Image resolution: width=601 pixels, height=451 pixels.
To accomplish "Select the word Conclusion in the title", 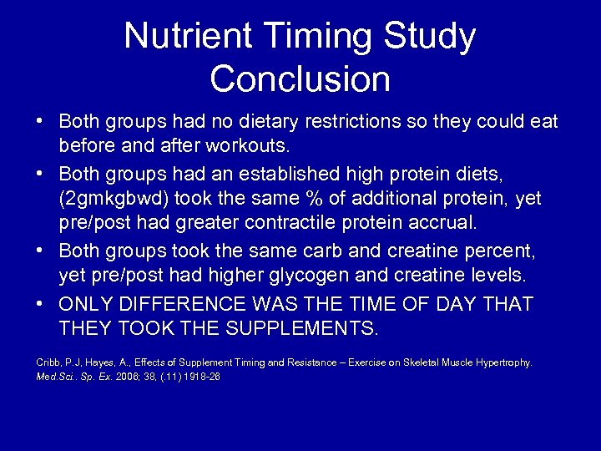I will point(300,79).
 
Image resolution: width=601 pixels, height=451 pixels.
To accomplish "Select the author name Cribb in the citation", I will point(46,362).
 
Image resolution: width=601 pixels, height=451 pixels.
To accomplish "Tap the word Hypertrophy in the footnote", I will point(503,362).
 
